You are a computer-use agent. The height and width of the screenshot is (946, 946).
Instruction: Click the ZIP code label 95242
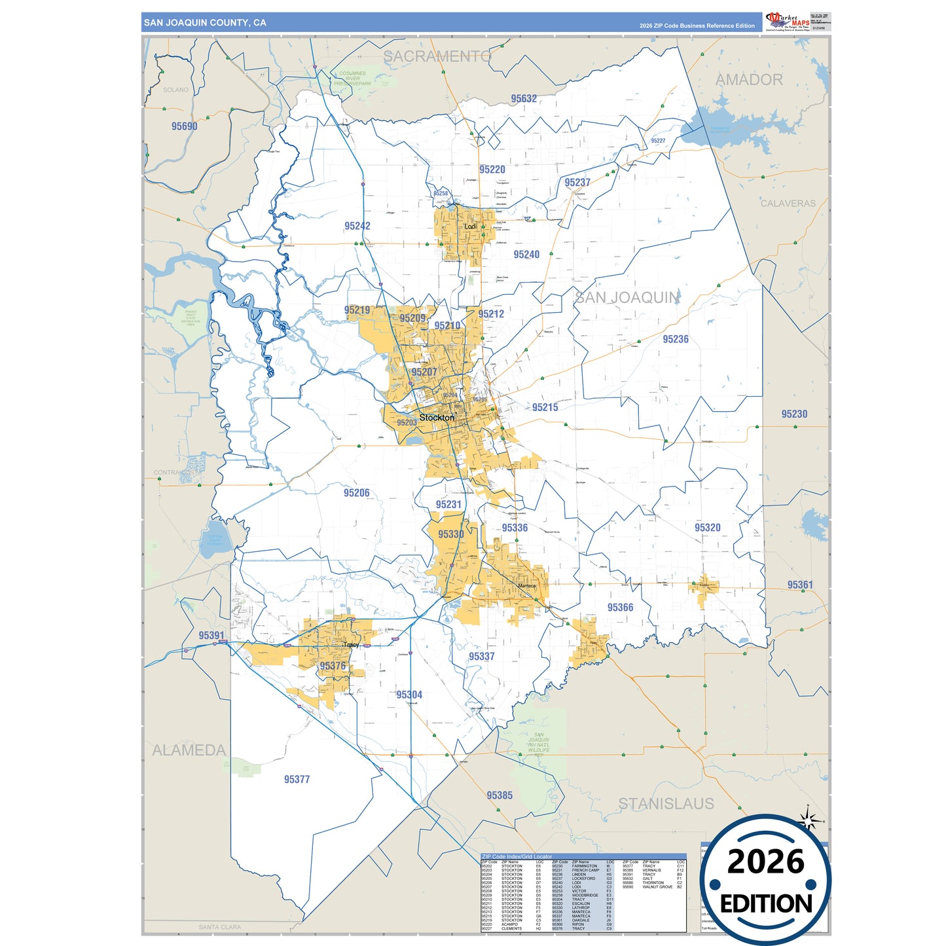tap(357, 226)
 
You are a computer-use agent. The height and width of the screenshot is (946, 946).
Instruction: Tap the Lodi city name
tap(470, 227)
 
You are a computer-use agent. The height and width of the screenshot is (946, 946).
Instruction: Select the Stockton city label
tap(437, 418)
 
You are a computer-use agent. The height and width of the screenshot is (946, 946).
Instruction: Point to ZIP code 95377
tap(297, 779)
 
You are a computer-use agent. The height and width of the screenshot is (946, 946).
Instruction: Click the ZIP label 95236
tap(676, 339)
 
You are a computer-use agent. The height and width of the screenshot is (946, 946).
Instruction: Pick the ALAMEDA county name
tap(189, 750)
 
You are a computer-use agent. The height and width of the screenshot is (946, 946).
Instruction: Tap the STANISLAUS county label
tap(666, 804)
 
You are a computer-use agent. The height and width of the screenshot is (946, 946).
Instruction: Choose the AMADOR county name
tap(749, 80)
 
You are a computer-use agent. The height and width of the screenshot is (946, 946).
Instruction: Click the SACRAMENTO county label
tap(437, 57)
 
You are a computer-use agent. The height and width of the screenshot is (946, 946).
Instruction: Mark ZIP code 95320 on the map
tap(707, 528)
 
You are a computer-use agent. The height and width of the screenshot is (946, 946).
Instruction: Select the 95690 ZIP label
tap(184, 126)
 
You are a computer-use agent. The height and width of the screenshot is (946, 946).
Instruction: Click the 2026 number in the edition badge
tap(765, 862)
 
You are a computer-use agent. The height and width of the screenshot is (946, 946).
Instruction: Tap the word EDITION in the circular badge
tap(766, 904)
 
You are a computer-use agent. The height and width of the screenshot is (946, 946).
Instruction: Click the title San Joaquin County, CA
tap(205, 23)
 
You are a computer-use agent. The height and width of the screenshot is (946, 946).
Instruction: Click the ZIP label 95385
tap(500, 795)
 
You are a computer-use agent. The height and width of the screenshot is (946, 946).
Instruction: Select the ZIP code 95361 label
tap(800, 585)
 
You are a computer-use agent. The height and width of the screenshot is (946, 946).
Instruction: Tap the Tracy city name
tap(351, 645)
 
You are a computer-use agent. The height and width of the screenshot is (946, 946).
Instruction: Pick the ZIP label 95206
tap(357, 493)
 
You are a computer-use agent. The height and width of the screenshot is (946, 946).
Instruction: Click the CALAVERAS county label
tap(788, 204)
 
